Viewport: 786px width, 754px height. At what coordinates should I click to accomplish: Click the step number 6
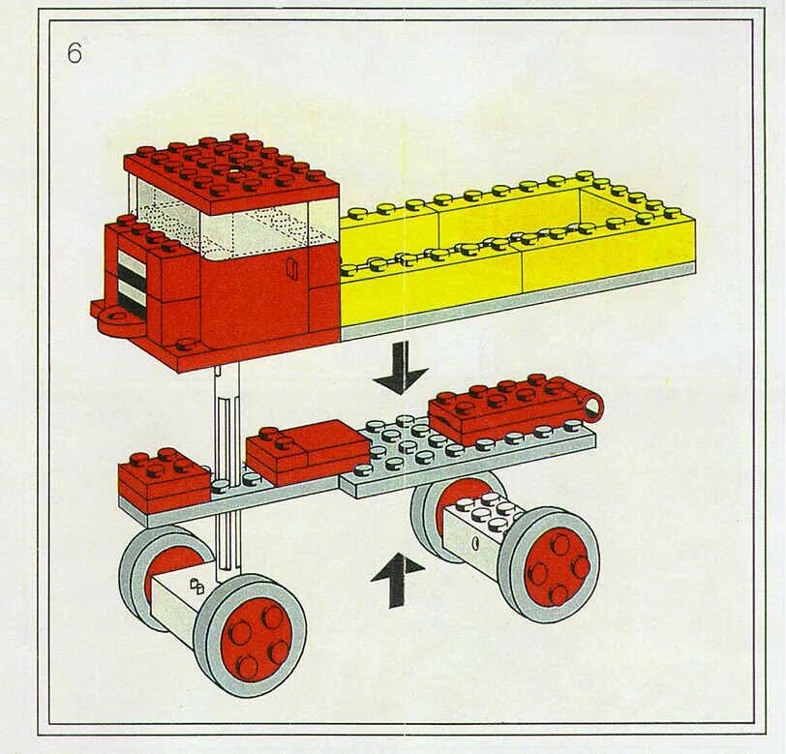75,53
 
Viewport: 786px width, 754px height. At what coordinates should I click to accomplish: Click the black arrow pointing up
397,579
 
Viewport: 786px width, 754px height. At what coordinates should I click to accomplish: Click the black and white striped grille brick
130,277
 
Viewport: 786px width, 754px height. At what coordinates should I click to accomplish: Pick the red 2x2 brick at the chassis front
163,474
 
